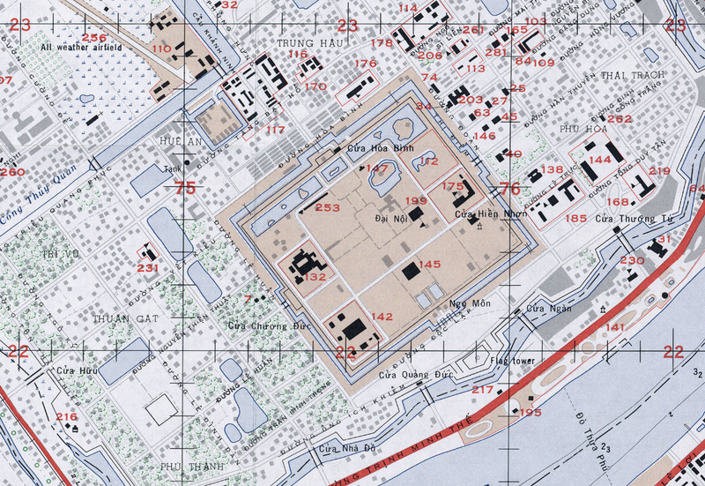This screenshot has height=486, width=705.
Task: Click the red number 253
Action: point(327,207)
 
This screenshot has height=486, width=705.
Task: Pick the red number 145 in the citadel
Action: point(429,264)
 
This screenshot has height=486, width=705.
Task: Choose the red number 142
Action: point(381,317)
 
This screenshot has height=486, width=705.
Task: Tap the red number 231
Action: point(147,268)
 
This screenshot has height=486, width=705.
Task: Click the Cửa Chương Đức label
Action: point(258,325)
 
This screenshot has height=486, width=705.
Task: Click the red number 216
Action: point(67,416)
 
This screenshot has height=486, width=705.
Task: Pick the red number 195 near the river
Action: point(531,413)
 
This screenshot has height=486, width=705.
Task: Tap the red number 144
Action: point(600,160)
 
